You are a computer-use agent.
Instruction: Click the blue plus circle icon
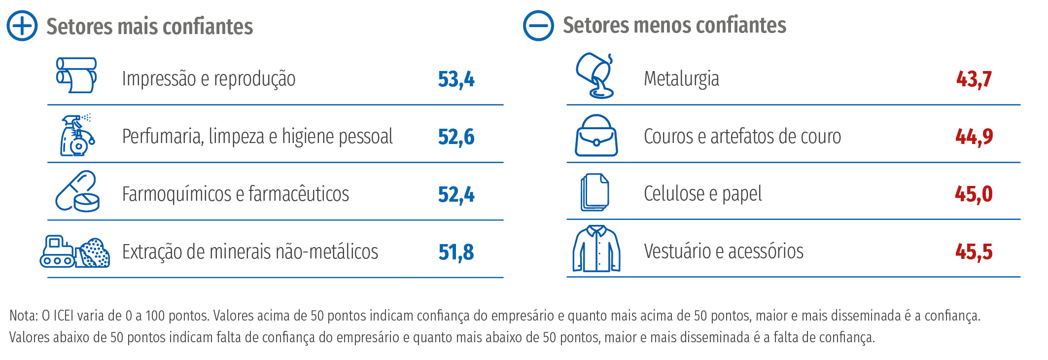[x=22, y=26]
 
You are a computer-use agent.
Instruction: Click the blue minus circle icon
[x=538, y=26]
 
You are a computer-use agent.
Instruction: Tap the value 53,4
[x=456, y=79]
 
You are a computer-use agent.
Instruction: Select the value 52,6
[x=456, y=137]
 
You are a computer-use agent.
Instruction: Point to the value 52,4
[x=456, y=194]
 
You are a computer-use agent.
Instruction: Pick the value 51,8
[x=456, y=252]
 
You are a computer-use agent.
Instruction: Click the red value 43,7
[x=974, y=79]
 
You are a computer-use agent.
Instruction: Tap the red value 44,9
[x=974, y=137]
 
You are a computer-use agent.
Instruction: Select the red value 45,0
[x=974, y=194]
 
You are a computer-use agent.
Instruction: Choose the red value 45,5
[x=974, y=252]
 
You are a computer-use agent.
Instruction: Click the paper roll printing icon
[x=76, y=75]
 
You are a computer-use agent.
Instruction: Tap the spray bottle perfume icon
[x=77, y=135]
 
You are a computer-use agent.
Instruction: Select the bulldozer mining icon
[x=74, y=252]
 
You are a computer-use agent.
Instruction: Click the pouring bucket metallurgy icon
[x=595, y=75]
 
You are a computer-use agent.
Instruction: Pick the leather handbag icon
[x=596, y=136]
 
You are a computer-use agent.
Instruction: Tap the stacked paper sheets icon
[x=594, y=192]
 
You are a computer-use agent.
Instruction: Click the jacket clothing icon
[x=596, y=249]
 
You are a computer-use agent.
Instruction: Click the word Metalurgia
[x=681, y=79]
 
